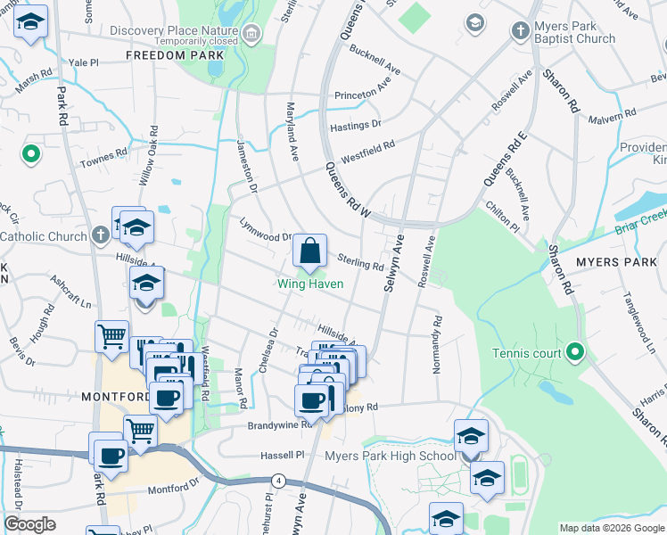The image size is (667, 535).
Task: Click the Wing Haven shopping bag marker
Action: [309, 253]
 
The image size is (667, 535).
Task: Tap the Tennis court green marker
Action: [575, 353]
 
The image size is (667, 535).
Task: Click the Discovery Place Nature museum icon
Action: [253, 35]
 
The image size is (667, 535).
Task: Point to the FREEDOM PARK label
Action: [174, 55]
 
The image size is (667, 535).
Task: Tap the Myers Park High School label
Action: [390, 457]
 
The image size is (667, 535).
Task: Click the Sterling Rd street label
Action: [361, 261]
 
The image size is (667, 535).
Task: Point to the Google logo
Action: [29, 524]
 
